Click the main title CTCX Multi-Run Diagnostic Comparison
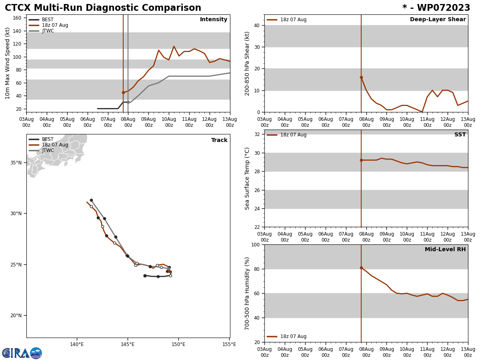[x=103, y=8]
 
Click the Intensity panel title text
[x=214, y=20]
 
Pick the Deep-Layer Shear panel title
[x=438, y=20]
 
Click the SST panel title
[x=460, y=135]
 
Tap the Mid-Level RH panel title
[x=445, y=250]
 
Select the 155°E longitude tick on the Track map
[x=229, y=344]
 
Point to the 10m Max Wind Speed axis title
[x=8, y=63]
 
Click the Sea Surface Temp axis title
[x=247, y=178]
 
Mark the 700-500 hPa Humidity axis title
[x=247, y=293]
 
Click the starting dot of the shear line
[x=361, y=77]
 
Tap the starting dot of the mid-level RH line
[x=361, y=268]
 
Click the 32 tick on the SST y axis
[x=258, y=134]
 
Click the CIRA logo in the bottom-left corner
[x=22, y=353]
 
